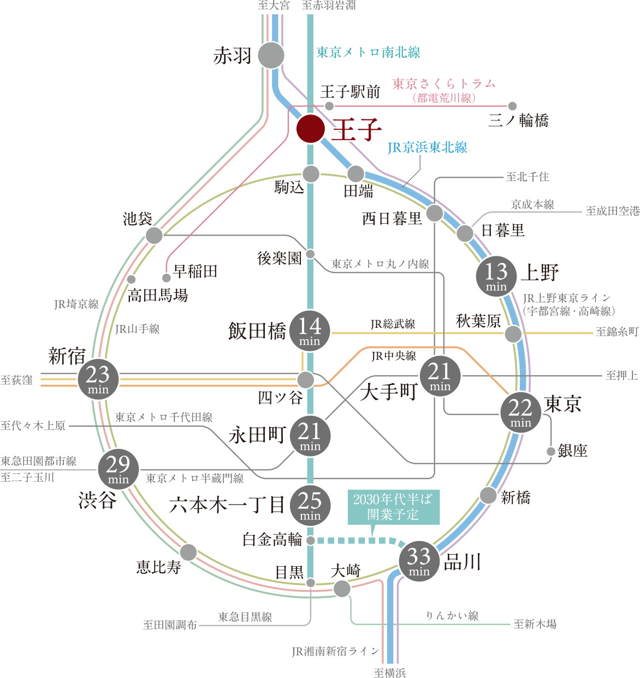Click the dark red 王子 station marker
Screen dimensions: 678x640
tap(311, 129)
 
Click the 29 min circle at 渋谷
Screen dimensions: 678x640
tap(118, 469)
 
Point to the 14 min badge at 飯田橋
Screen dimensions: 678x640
tap(310, 331)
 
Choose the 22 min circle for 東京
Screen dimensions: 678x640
tap(520, 412)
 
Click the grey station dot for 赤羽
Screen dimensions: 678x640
tap(271, 55)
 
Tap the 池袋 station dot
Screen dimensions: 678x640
tap(154, 236)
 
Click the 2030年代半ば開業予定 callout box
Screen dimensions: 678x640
tap(393, 507)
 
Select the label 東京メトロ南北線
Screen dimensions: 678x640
tap(369, 52)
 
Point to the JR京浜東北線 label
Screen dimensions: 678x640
tap(428, 148)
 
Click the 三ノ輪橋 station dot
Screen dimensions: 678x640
tap(512, 106)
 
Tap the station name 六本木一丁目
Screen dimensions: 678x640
tap(227, 505)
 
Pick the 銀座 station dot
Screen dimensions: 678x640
tap(551, 451)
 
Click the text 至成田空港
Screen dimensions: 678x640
tap(612, 211)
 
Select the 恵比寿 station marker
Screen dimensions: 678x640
tap(188, 552)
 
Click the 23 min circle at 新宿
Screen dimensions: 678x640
tap(98, 379)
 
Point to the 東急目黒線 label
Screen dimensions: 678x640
tap(245, 617)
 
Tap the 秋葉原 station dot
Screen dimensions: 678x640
tap(513, 334)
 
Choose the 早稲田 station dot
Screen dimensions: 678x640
tap(167, 278)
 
